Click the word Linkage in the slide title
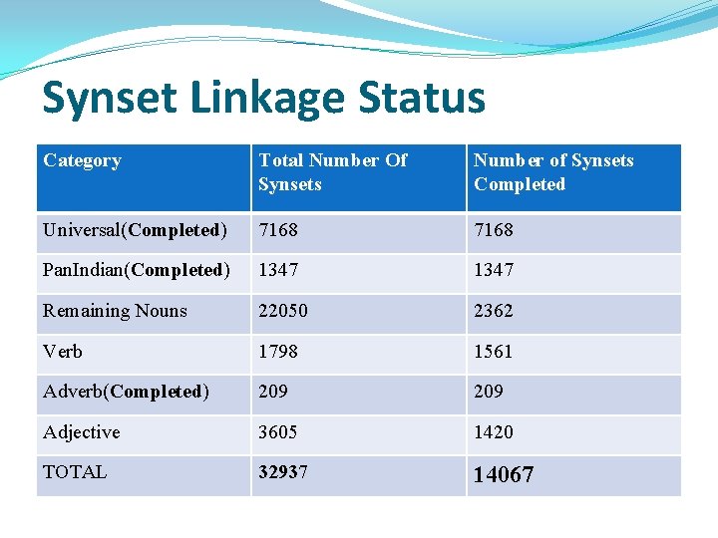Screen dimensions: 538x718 tap(262, 99)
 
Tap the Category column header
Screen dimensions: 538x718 tap(82, 160)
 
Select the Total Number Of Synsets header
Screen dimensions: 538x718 tap(332, 172)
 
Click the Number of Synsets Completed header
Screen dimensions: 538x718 tap(553, 172)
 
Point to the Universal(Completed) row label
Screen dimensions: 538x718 tap(135, 230)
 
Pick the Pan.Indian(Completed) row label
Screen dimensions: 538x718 tap(137, 270)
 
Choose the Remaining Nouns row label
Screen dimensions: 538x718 tap(115, 311)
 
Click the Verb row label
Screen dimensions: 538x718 tap(63, 352)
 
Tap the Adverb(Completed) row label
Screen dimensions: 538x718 tap(126, 392)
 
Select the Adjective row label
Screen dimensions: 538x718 tap(81, 432)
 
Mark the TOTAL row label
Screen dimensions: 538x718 tap(75, 472)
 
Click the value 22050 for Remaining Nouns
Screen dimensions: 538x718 tap(283, 311)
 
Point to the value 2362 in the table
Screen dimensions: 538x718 tap(494, 311)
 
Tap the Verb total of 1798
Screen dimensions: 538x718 tap(278, 352)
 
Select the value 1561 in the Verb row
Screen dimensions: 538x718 tap(494, 352)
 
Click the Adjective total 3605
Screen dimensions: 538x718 tap(278, 432)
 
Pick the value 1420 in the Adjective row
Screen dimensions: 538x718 tap(494, 432)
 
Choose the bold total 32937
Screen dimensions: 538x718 tap(283, 472)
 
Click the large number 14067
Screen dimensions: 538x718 tap(504, 475)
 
